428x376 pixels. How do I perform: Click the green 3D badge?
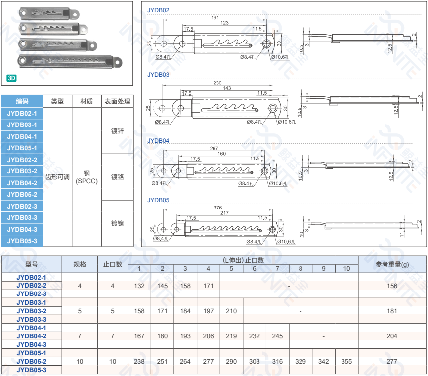tap(12, 78)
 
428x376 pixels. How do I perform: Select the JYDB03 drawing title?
tap(158, 75)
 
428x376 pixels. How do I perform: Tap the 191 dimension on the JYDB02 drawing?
tap(215, 17)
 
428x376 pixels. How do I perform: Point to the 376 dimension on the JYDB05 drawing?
tap(217, 208)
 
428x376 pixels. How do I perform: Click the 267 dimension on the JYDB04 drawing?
tap(214, 148)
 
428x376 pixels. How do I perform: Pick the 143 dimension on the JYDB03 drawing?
tap(227, 88)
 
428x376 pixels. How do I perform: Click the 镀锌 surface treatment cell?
tap(117, 131)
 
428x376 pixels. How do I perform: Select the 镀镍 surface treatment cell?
tap(117, 223)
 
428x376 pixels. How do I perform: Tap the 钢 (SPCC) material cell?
tap(86, 177)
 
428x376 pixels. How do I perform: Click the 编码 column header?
tap(22, 101)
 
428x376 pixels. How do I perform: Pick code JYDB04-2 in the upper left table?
tap(22, 183)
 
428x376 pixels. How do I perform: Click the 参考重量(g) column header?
tap(392, 264)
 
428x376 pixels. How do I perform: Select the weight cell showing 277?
tap(392, 361)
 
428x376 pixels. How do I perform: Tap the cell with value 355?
tap(346, 361)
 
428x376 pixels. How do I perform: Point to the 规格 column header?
tap(80, 264)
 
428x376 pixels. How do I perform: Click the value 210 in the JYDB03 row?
tap(231, 311)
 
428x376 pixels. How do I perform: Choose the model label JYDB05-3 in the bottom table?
tap(32, 370)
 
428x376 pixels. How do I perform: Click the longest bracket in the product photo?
tap(70, 61)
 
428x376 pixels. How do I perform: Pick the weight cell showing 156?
tap(392, 286)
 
